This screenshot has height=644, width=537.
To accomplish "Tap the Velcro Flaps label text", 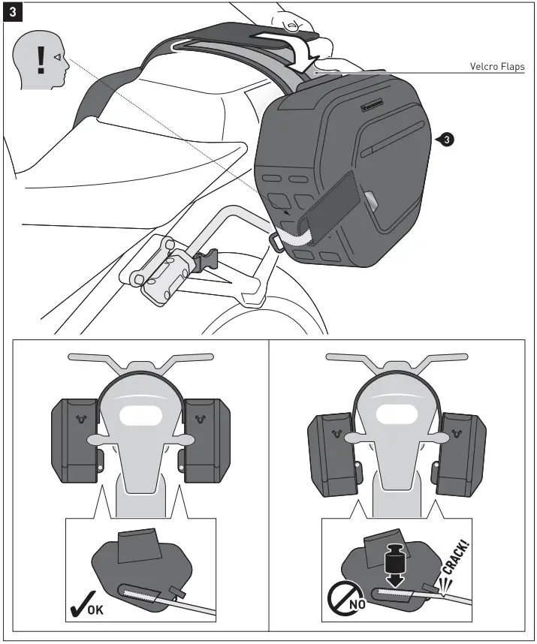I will tap(496, 67).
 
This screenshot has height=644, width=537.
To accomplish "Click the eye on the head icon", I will tap(57, 56).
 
